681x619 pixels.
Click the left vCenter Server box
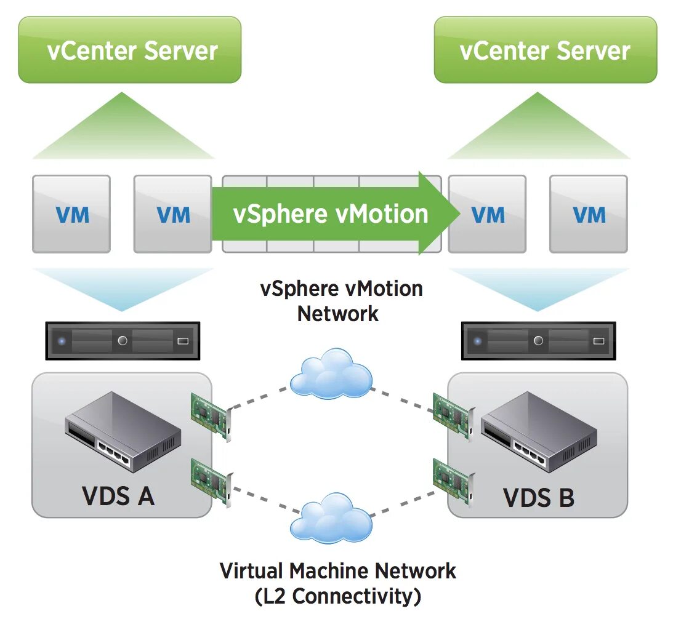pyautogui.click(x=129, y=50)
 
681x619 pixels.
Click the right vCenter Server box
pyautogui.click(x=545, y=50)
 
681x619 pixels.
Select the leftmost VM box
pyautogui.click(x=71, y=214)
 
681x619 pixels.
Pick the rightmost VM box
pyautogui.click(x=588, y=214)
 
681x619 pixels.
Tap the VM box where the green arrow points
pyautogui.click(x=488, y=214)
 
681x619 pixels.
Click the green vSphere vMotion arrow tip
pyautogui.click(x=453, y=214)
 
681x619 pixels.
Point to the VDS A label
pyautogui.click(x=118, y=495)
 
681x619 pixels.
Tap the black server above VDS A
pyautogui.click(x=122, y=340)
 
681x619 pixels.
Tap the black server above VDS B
pyautogui.click(x=538, y=340)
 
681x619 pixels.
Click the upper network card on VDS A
pyautogui.click(x=211, y=415)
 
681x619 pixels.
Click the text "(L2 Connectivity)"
pyautogui.click(x=338, y=596)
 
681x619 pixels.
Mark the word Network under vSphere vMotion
pyautogui.click(x=338, y=314)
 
